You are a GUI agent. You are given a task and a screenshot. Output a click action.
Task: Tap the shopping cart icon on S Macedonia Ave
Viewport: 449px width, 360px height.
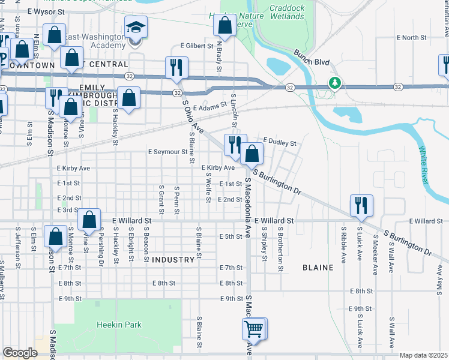tap(254, 329)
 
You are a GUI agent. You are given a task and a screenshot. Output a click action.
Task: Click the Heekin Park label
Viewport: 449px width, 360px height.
tap(119, 325)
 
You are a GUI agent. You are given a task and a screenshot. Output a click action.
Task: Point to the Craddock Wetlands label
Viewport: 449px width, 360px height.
tap(286, 12)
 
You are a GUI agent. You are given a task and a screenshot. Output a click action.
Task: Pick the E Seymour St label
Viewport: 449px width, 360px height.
tap(168, 152)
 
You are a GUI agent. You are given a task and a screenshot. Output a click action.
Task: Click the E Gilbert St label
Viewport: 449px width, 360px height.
tap(197, 46)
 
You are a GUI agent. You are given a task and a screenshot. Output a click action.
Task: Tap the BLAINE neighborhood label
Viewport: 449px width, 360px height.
tap(318, 268)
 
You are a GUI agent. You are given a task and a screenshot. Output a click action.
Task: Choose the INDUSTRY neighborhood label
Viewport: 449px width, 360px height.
tap(173, 260)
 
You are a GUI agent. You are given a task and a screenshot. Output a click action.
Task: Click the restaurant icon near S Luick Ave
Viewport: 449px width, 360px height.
tap(361, 205)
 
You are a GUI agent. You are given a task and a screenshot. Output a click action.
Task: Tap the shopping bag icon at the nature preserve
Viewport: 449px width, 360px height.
tap(225, 25)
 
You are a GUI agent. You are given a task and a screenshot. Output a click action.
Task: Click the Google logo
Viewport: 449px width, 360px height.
tap(20, 353)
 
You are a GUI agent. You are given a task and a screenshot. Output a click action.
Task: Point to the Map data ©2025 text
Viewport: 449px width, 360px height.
tap(423, 355)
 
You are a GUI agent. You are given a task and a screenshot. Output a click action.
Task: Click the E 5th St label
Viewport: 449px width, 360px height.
tap(231, 236)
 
